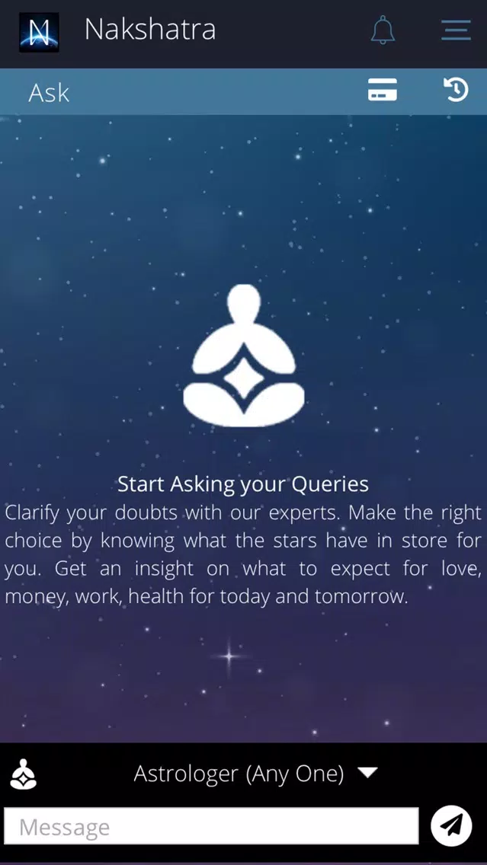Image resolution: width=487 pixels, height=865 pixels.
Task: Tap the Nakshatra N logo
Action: (39, 32)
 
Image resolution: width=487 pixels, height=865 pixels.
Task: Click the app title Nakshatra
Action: (149, 30)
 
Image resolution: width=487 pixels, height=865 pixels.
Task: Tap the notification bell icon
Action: (383, 30)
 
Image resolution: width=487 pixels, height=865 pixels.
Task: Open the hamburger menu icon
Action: (456, 30)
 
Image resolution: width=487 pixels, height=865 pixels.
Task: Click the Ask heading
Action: (49, 93)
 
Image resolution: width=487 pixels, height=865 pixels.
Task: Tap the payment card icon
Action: (383, 89)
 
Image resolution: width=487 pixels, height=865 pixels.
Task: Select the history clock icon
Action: (456, 89)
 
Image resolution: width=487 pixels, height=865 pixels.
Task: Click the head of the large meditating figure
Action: (244, 303)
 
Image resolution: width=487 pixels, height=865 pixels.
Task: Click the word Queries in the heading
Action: (330, 484)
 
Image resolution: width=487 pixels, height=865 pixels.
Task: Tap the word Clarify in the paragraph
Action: (32, 513)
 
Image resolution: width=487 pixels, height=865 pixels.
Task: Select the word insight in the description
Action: (164, 569)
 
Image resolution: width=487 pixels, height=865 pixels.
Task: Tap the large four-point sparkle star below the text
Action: (229, 656)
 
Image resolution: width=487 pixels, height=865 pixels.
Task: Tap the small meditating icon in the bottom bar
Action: (24, 774)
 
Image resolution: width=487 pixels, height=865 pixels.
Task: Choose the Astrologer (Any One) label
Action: (239, 774)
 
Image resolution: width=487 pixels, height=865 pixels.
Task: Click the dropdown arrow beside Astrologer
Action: (368, 772)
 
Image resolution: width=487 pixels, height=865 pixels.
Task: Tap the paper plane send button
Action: (451, 826)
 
